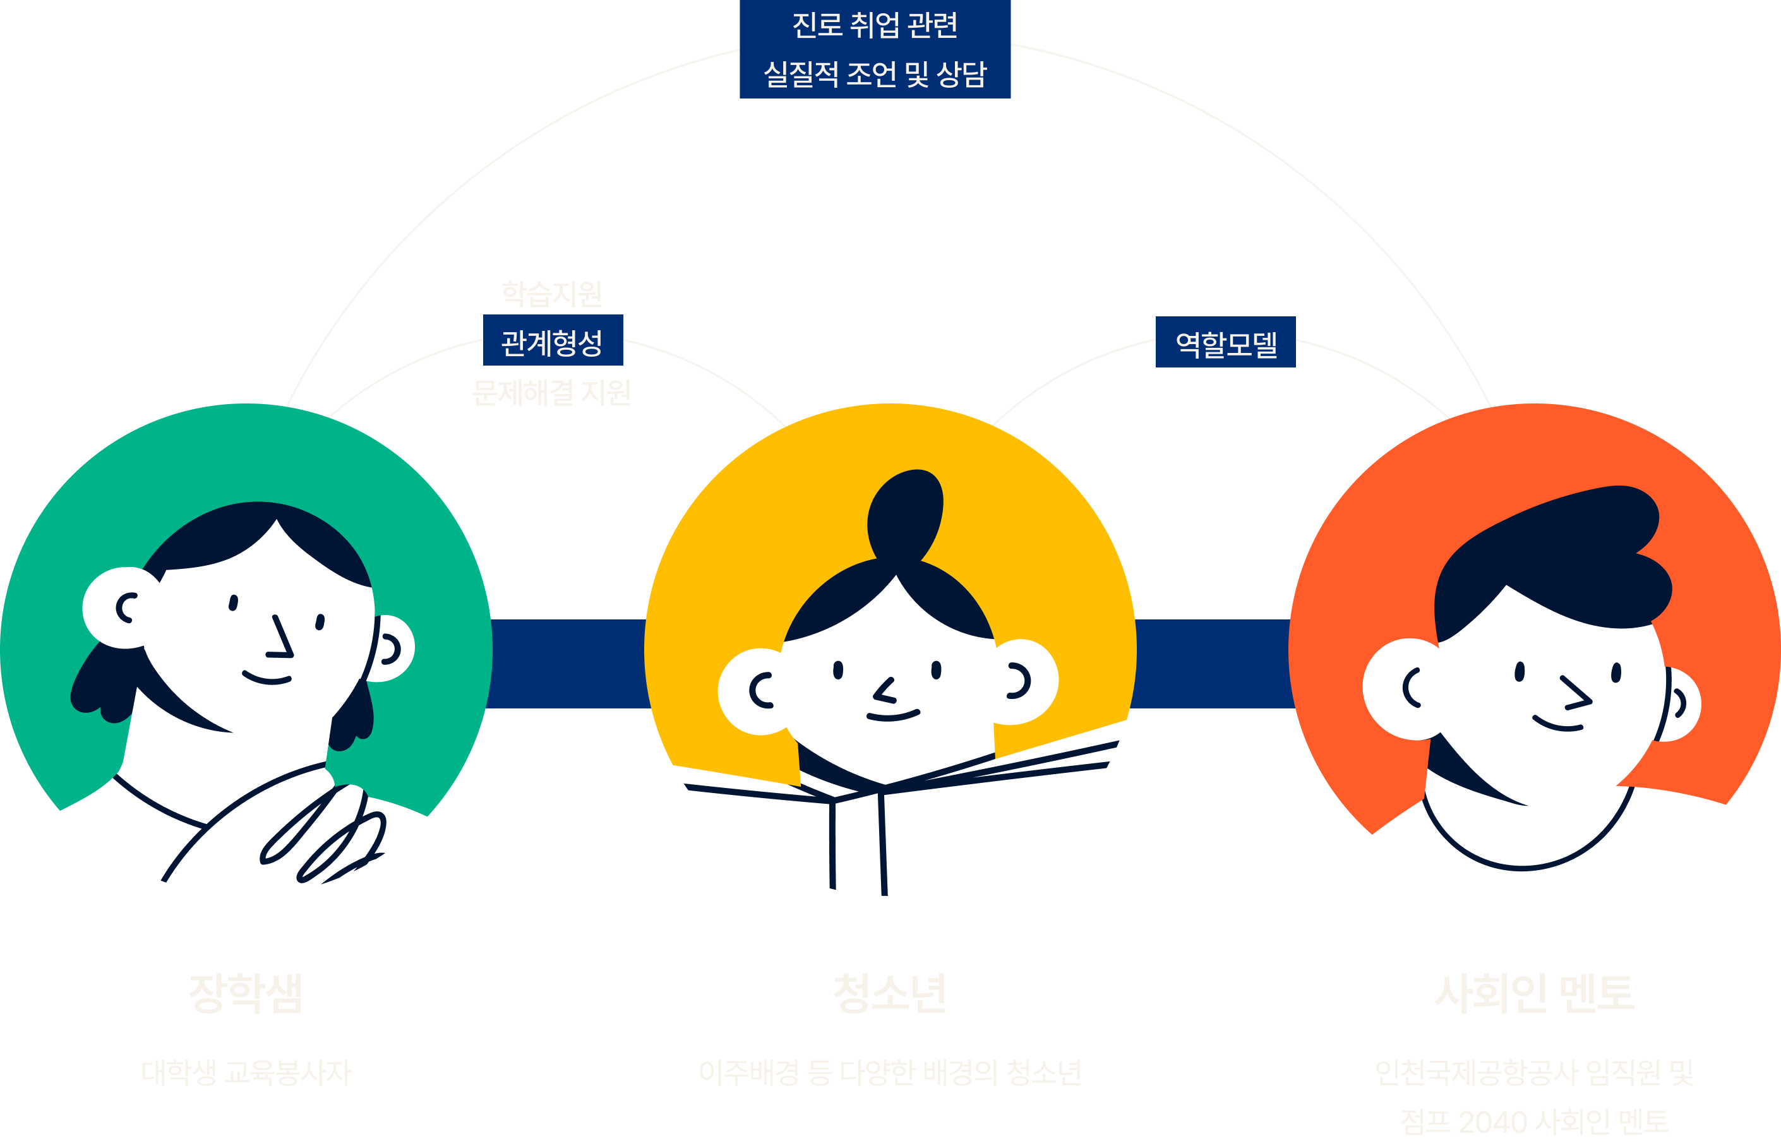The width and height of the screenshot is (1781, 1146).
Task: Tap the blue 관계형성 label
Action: (552, 342)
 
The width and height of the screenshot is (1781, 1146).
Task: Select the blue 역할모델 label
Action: (1225, 343)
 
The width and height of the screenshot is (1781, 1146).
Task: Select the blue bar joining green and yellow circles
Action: (568, 662)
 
